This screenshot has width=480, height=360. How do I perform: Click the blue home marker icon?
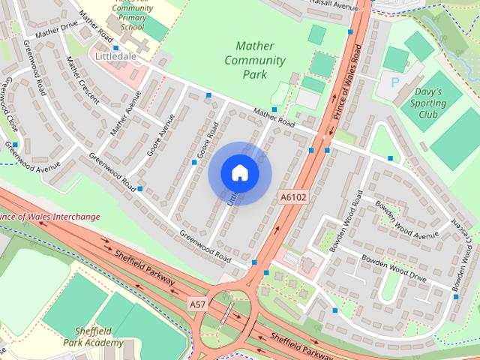pos(240,173)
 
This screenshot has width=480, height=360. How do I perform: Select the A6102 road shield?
pos(293,197)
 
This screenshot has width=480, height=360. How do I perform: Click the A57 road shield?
pos(196,303)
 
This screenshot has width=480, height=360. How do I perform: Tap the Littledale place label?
pos(112,56)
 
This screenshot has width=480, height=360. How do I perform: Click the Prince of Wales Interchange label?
pos(49,217)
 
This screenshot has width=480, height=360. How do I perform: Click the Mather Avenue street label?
pos(126,112)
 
